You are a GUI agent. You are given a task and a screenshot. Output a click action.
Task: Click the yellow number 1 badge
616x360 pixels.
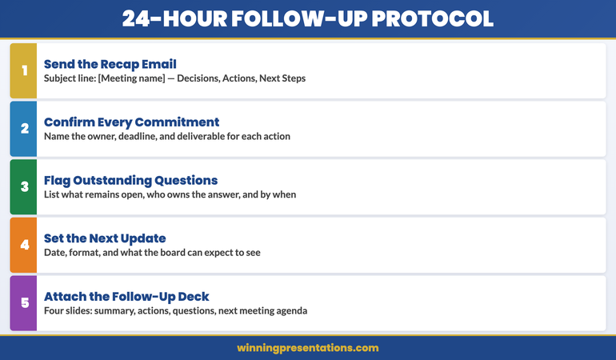[24, 70]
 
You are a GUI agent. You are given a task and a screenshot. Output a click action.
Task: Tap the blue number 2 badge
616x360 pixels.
[24, 129]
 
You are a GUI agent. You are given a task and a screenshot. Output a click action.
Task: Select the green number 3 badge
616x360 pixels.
[24, 187]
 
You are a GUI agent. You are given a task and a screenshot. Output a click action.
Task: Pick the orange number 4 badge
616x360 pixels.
[24, 246]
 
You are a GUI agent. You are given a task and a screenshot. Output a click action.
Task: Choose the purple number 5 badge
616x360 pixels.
[24, 303]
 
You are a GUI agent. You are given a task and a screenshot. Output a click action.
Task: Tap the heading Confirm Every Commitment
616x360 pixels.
[131, 122]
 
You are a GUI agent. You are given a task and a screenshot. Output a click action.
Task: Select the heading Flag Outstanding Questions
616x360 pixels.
[130, 181]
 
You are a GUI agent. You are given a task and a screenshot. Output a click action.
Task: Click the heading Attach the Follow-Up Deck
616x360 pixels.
[126, 297]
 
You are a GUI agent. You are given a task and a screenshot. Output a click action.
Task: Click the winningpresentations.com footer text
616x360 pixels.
[308, 348]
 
